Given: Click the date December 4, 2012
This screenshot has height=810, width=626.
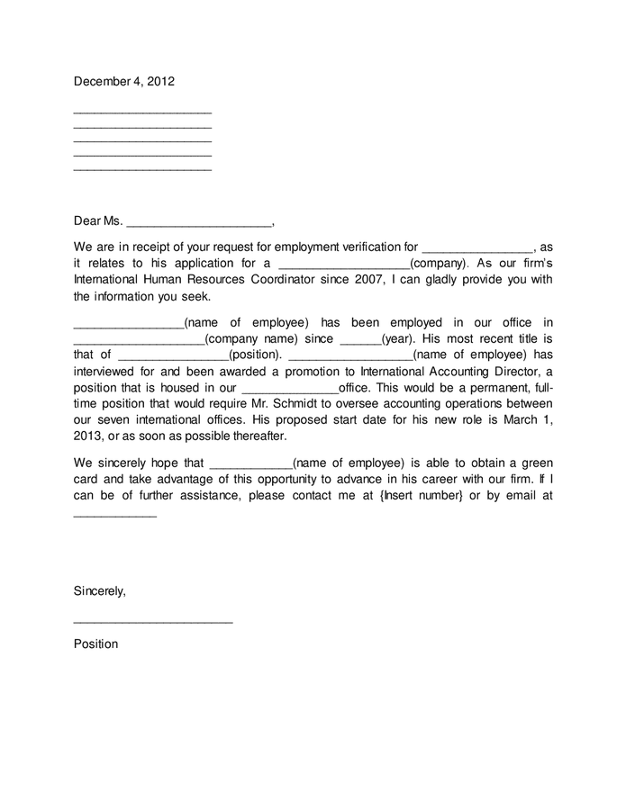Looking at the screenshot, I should click(x=123, y=81).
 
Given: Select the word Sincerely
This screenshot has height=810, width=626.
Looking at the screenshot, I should click(x=99, y=591).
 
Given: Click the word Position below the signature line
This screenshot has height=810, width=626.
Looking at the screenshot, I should click(x=95, y=643).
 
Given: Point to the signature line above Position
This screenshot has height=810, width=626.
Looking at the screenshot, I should click(x=152, y=622).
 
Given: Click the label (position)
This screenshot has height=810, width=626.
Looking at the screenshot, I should click(x=255, y=355).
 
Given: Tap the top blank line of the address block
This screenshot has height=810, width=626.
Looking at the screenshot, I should click(x=142, y=112).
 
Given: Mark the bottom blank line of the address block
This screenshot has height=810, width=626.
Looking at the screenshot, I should click(x=142, y=169).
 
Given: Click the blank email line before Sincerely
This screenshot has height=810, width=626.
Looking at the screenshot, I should click(x=114, y=516).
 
